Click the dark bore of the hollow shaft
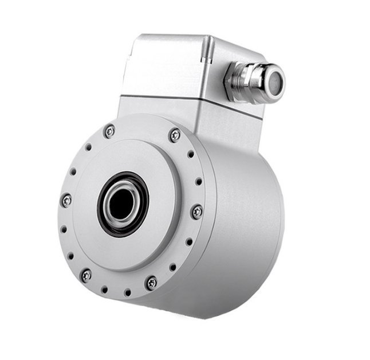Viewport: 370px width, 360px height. [x=123, y=204]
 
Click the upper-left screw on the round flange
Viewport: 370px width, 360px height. [x=109, y=131]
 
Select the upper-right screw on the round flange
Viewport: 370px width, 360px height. [x=175, y=136]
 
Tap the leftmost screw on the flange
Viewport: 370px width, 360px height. [x=68, y=199]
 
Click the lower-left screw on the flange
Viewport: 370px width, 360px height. [x=86, y=275]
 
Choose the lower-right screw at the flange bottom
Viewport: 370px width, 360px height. [x=152, y=283]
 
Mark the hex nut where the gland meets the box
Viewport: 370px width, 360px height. [x=237, y=79]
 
